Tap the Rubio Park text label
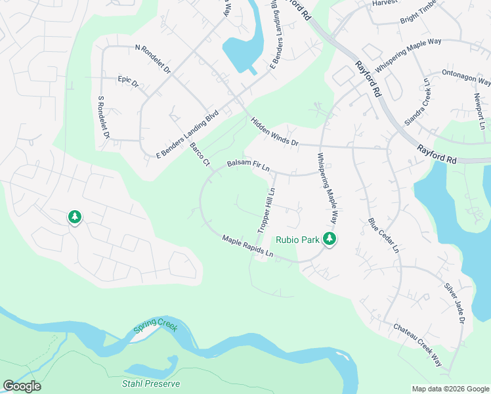(297, 240)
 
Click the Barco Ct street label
(199, 154)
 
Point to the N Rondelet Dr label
(152, 58)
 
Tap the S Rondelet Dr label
(102, 118)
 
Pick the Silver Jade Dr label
(454, 303)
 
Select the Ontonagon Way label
(466, 77)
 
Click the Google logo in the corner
(22, 386)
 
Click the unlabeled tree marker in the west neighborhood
(75, 217)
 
